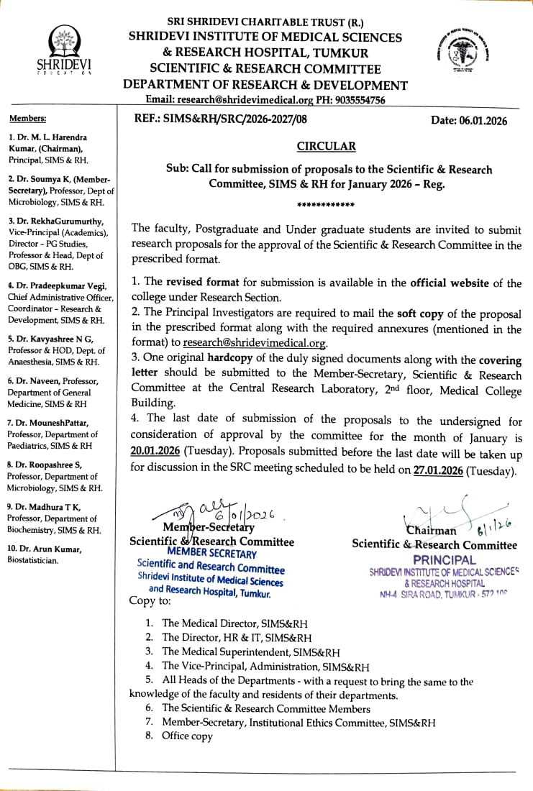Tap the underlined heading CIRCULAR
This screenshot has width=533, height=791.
(x=326, y=147)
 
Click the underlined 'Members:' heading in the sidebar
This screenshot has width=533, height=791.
(x=27, y=118)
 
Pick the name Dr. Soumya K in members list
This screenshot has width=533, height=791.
(x=43, y=179)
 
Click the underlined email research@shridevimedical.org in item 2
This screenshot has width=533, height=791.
(x=255, y=344)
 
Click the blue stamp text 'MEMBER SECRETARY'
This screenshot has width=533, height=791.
(x=211, y=554)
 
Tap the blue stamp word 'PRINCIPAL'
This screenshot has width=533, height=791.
(x=445, y=559)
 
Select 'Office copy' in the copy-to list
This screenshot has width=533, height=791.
(x=187, y=736)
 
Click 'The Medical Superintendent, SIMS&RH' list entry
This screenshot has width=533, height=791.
(x=251, y=652)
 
